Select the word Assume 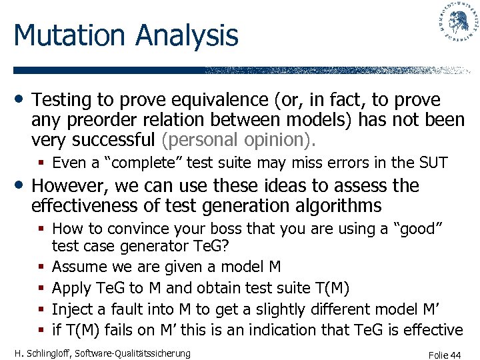tap(77, 267)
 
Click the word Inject tap(71, 309)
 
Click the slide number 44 tap(455, 355)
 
